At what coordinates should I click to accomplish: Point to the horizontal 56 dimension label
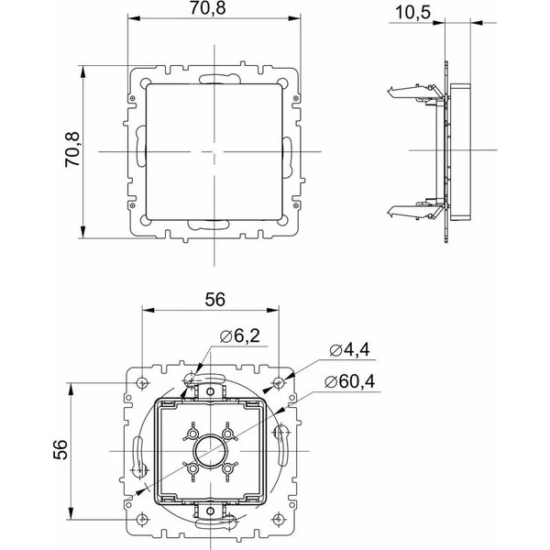(x=214, y=300)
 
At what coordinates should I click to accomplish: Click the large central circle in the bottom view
(x=211, y=450)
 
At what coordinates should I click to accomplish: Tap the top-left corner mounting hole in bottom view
(x=142, y=381)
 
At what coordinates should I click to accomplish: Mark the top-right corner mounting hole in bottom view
(x=280, y=381)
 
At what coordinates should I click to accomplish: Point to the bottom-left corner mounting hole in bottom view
(x=142, y=519)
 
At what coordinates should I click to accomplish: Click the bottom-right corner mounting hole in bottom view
(x=280, y=519)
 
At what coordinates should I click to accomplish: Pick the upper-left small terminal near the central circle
(x=192, y=431)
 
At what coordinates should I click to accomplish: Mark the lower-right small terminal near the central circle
(x=229, y=468)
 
